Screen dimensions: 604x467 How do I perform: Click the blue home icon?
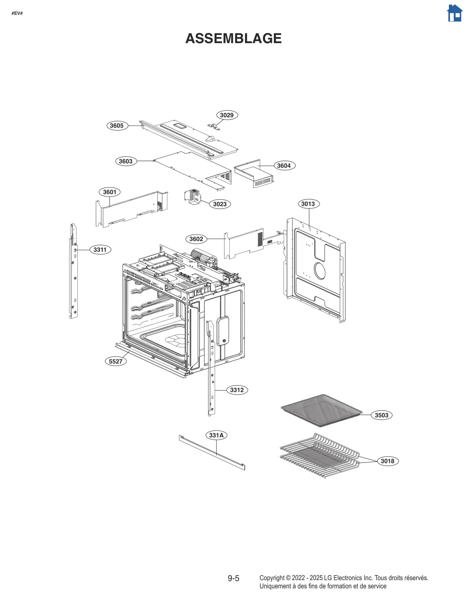(x=454, y=13)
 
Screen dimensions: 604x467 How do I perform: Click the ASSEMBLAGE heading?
(x=233, y=38)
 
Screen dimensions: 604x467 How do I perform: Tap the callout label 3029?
(x=227, y=115)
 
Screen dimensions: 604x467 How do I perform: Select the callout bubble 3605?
(x=117, y=126)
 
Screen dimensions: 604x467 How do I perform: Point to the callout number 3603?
(x=126, y=161)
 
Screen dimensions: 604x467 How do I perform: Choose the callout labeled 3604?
(x=284, y=166)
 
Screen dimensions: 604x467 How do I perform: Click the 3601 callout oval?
(x=110, y=192)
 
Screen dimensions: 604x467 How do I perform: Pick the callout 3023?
(x=220, y=204)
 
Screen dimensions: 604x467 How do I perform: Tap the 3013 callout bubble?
(x=308, y=204)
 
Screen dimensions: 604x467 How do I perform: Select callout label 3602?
(x=196, y=239)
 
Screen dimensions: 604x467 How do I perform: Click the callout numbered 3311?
(x=100, y=250)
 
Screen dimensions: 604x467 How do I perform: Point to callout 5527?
(x=116, y=361)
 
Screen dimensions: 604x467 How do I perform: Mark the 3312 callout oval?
(x=237, y=390)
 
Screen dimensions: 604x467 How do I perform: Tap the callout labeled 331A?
(x=216, y=435)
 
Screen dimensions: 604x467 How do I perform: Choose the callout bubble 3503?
(x=381, y=415)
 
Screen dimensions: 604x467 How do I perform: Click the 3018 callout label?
(x=387, y=461)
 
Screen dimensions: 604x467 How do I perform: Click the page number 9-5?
(x=233, y=578)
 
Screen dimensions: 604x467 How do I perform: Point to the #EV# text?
(x=17, y=13)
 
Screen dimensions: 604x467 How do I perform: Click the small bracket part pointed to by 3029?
(x=214, y=127)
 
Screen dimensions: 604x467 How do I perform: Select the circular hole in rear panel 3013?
(x=320, y=270)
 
